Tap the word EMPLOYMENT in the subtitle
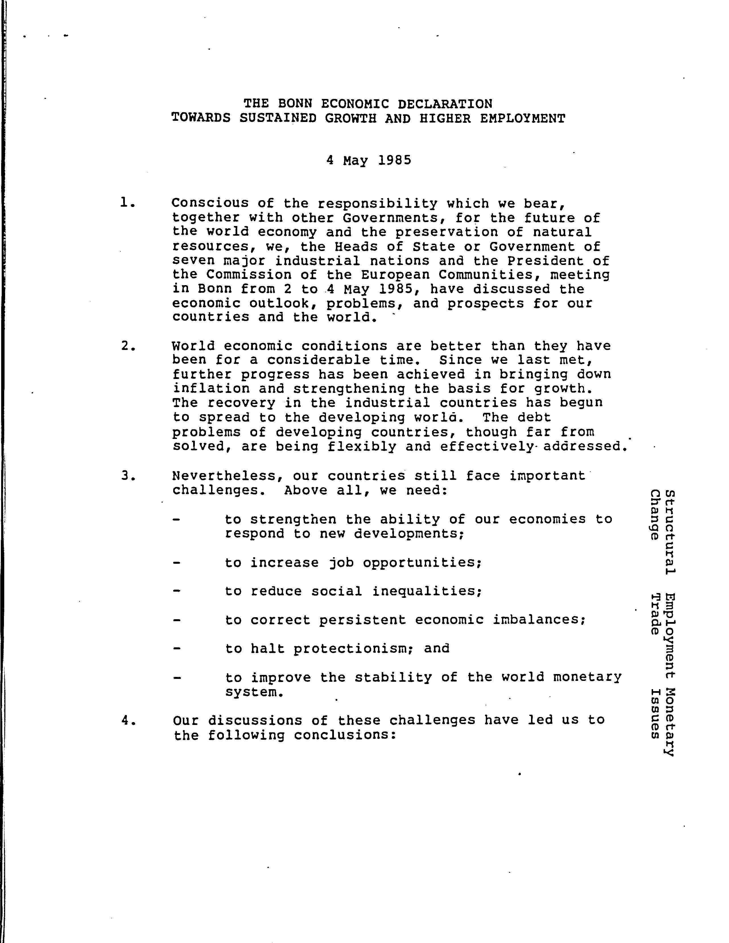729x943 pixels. coord(523,118)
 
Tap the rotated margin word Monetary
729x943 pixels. coord(669,721)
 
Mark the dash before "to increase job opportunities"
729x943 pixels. coord(176,563)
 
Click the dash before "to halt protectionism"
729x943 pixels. coord(176,648)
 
